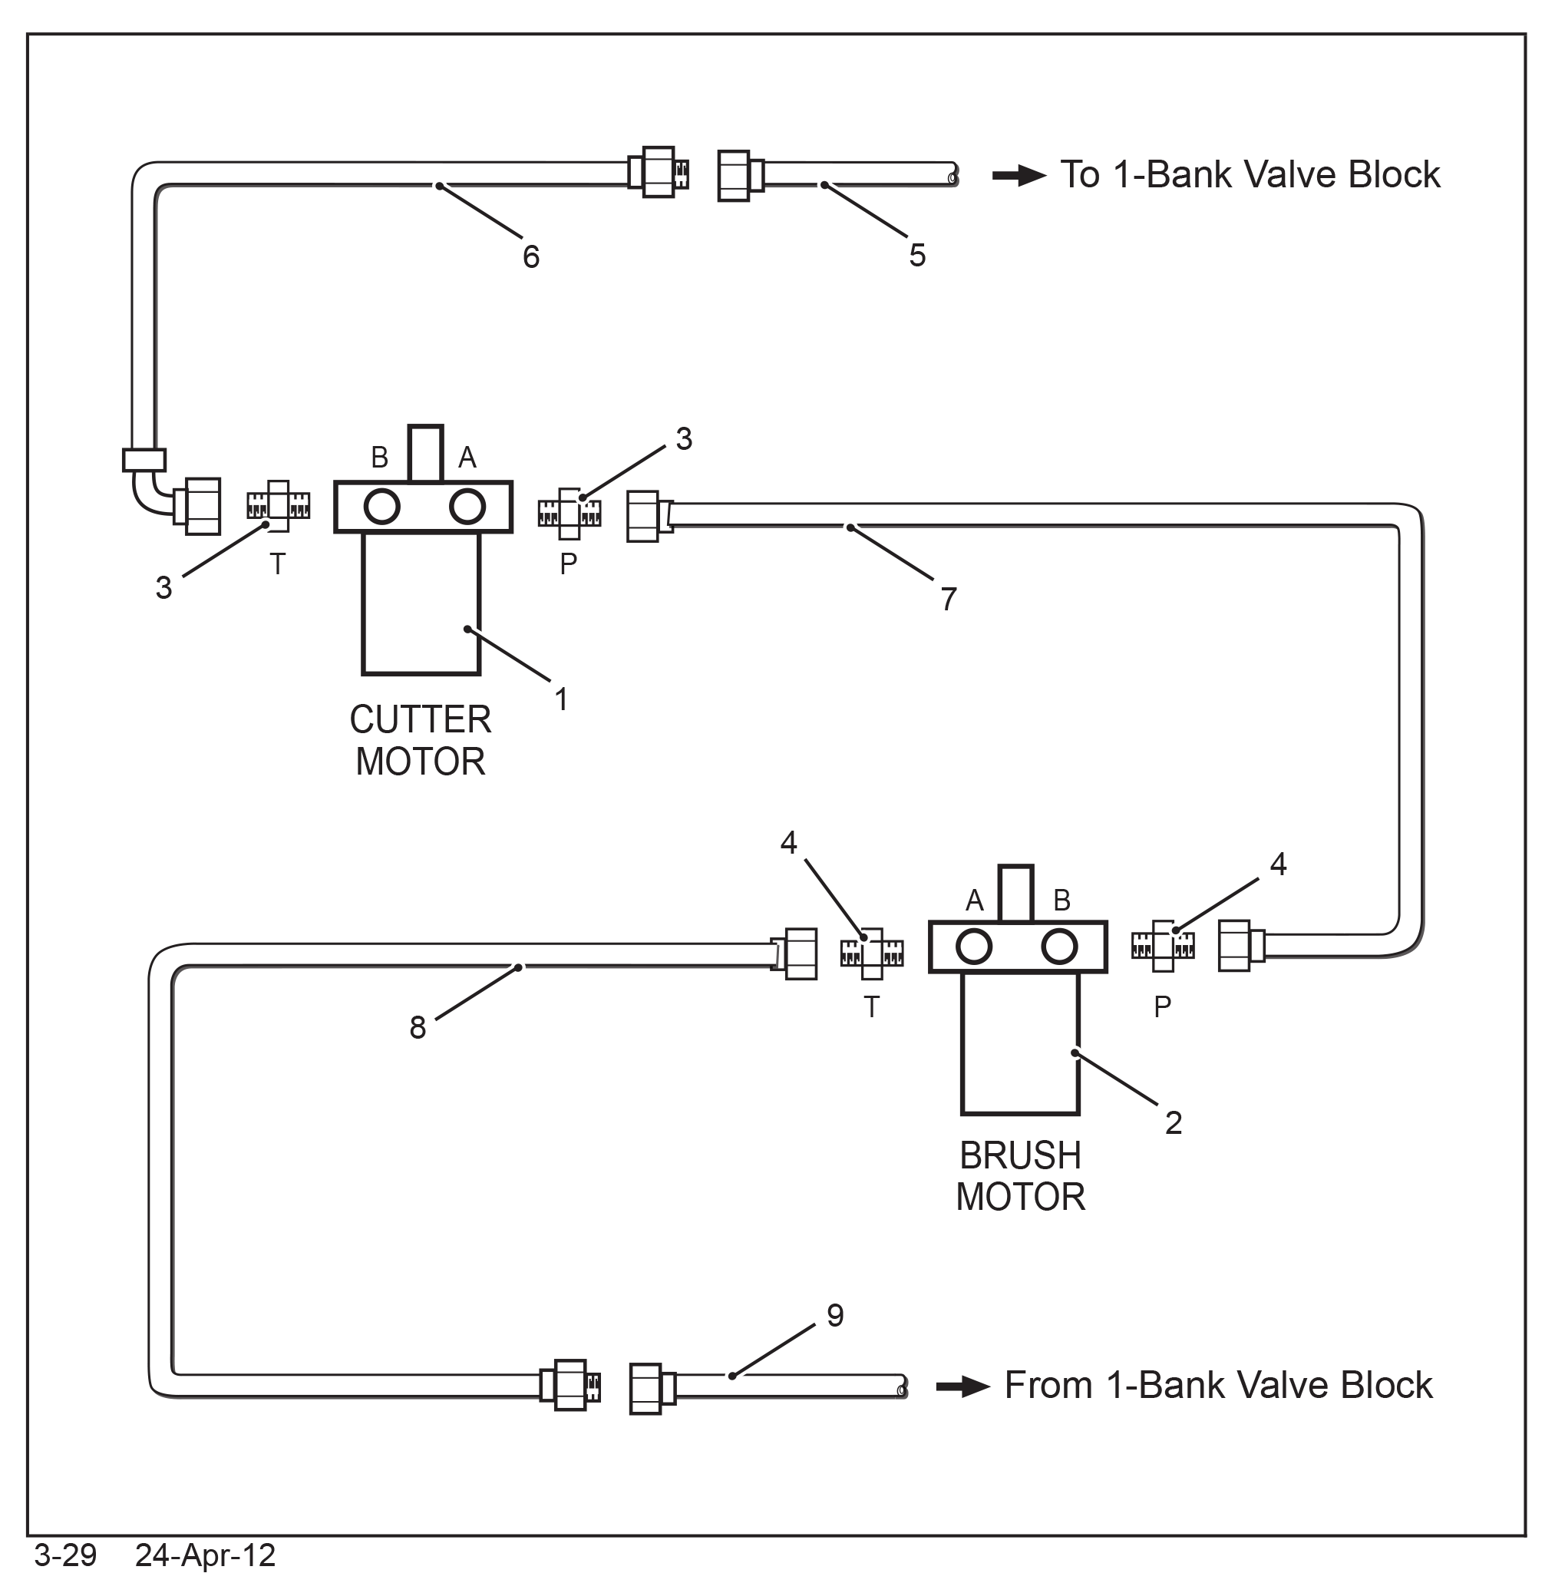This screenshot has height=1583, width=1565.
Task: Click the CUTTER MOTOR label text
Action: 421,741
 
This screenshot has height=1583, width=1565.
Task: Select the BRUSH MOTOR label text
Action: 1021,1177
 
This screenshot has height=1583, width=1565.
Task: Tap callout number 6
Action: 531,257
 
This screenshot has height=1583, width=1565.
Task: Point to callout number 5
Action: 918,256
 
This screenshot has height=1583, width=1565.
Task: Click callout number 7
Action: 949,599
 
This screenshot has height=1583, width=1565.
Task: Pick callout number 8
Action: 418,1027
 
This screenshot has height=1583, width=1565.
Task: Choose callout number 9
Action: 835,1315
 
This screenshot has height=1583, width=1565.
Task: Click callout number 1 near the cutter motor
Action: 561,699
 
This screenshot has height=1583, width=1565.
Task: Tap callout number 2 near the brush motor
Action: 1174,1122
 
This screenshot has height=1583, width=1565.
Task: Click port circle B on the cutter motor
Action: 381,507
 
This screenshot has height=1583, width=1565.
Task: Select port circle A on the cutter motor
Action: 467,507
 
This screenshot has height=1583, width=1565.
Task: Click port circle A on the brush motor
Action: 973,947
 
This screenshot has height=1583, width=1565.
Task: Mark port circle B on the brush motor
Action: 1059,947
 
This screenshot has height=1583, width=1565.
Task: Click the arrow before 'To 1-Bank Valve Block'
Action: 1019,175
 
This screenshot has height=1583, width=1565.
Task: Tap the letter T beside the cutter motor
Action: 278,564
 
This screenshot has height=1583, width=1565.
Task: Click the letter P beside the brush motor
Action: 1162,1007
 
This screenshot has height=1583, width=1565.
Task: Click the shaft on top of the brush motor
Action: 1016,893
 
